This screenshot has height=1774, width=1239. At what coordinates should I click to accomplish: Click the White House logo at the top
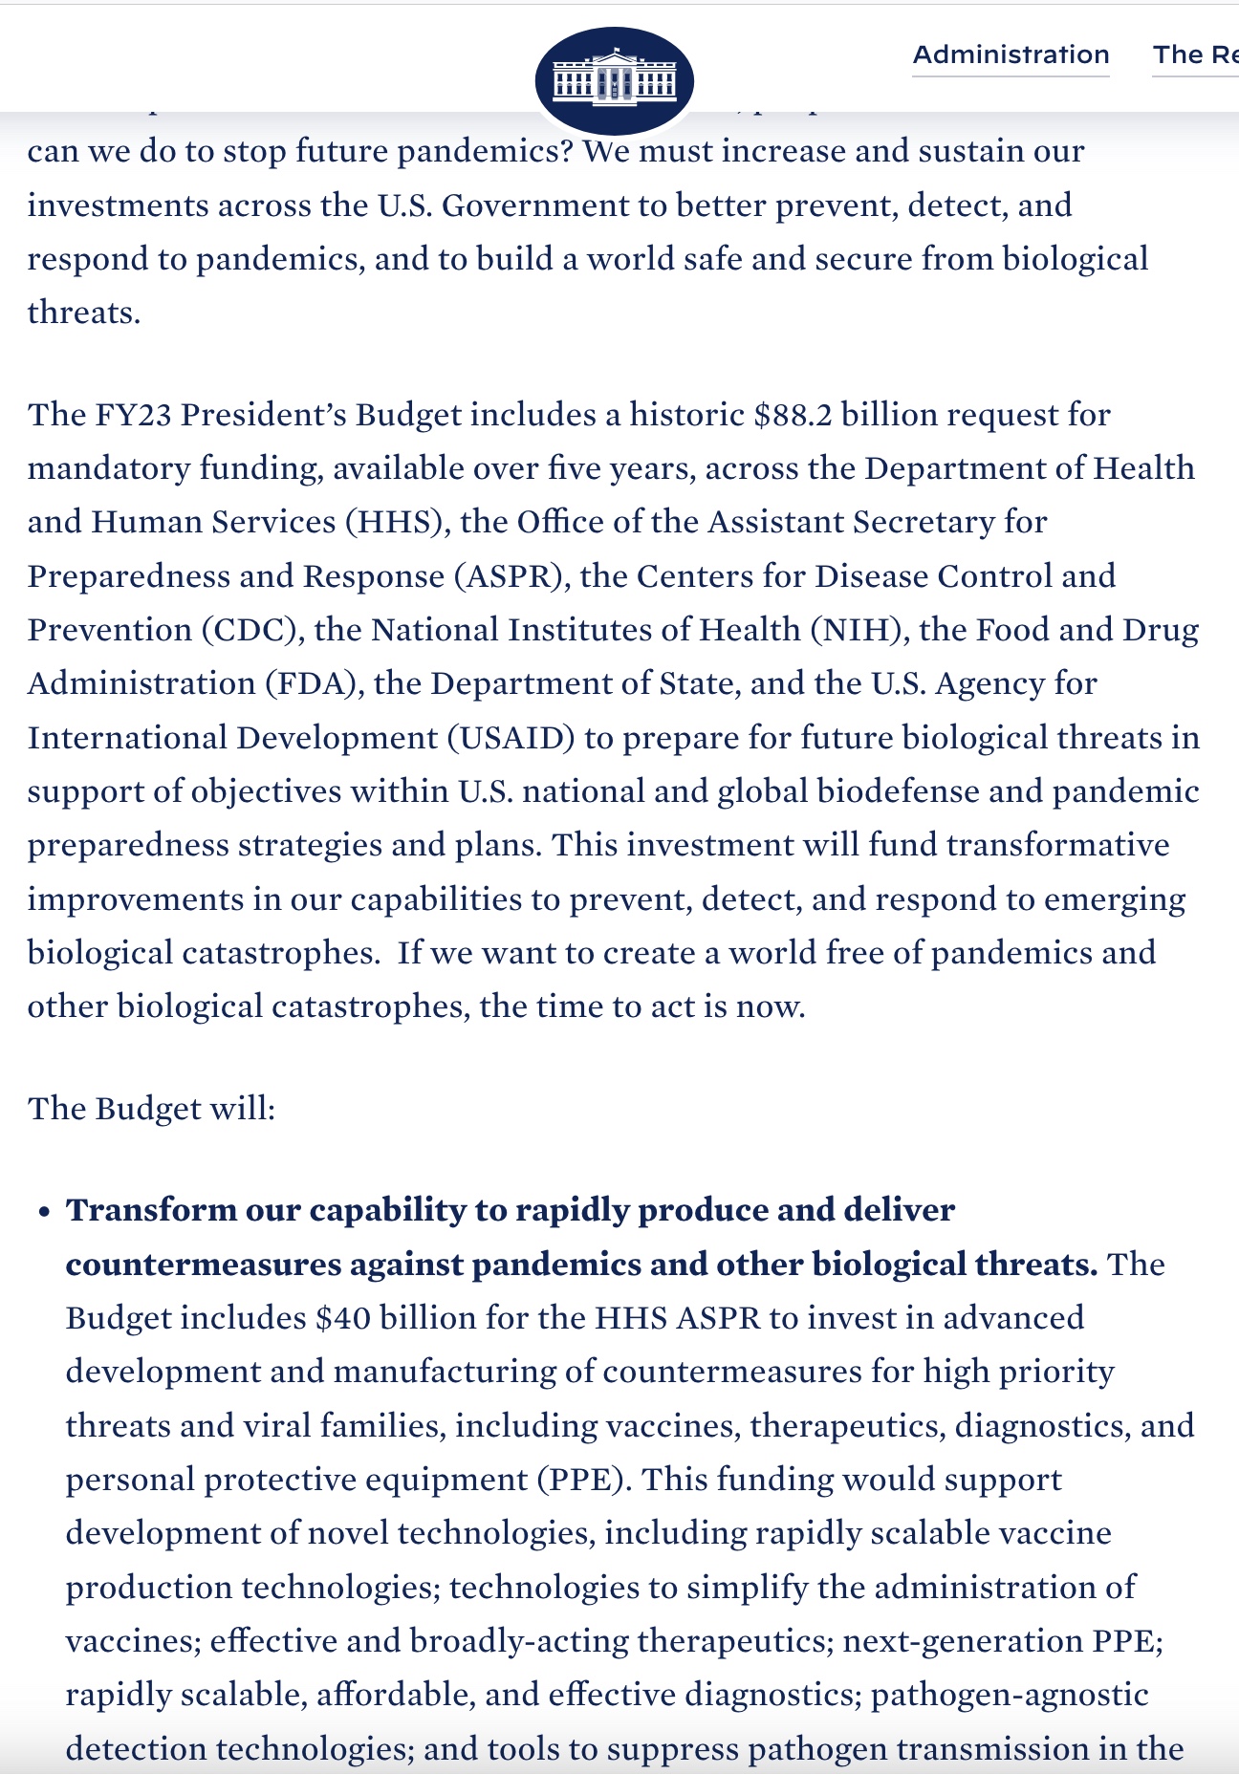click(614, 80)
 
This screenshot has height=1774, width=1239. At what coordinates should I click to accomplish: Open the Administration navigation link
click(1011, 54)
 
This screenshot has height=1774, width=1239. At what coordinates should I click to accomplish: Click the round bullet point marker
click(44, 1212)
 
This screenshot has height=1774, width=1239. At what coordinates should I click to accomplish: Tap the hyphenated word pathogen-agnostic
click(1010, 1695)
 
